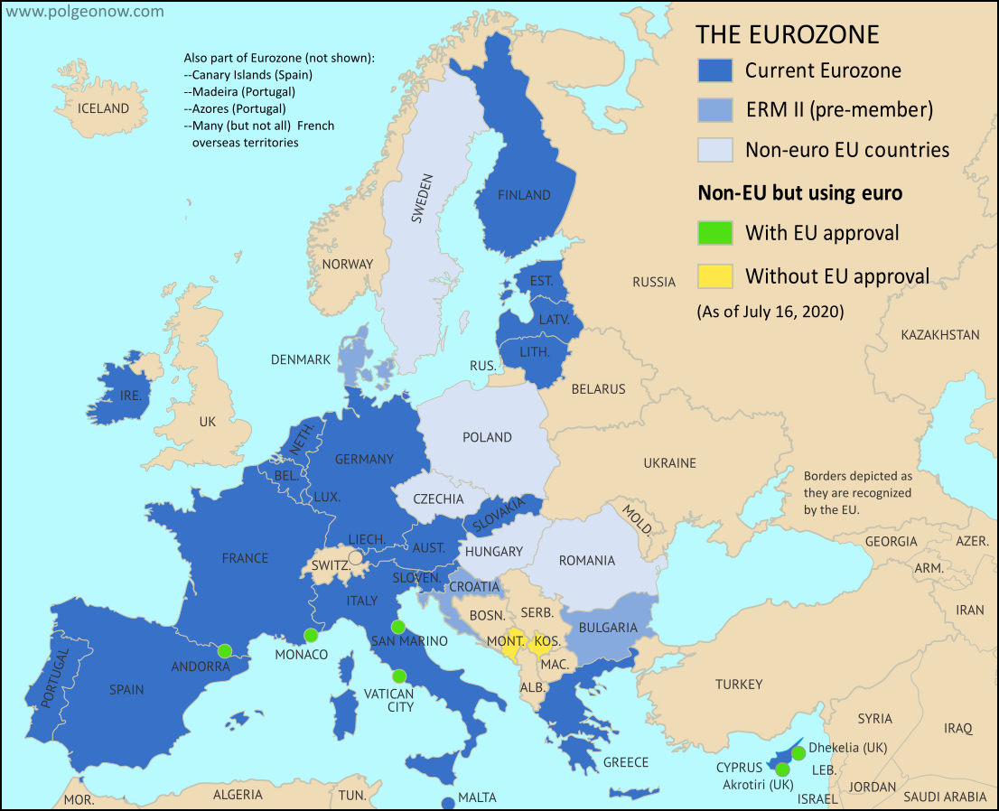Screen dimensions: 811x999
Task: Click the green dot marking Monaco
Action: (x=311, y=634)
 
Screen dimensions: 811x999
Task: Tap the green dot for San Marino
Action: (x=397, y=627)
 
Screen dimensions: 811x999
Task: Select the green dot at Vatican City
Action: (x=398, y=676)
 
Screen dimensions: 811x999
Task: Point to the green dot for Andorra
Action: (x=224, y=649)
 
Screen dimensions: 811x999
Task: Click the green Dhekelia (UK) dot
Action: (x=798, y=752)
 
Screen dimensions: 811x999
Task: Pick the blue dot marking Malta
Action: (x=447, y=802)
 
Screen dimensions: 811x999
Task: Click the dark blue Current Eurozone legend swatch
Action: (x=714, y=70)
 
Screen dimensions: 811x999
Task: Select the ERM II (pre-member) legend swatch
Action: (x=714, y=110)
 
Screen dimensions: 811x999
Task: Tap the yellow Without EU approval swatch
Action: (x=714, y=275)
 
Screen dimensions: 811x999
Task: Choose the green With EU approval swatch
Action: (x=714, y=233)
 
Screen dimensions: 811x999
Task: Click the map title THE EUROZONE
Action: (x=787, y=34)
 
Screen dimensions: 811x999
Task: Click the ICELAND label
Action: (x=103, y=108)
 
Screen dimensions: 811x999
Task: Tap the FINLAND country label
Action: (x=524, y=195)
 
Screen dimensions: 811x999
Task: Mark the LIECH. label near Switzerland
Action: (x=367, y=539)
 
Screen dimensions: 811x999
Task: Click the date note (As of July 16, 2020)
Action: (x=770, y=312)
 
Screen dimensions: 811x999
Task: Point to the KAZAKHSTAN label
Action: (x=939, y=335)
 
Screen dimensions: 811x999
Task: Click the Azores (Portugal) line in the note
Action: (x=234, y=108)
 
